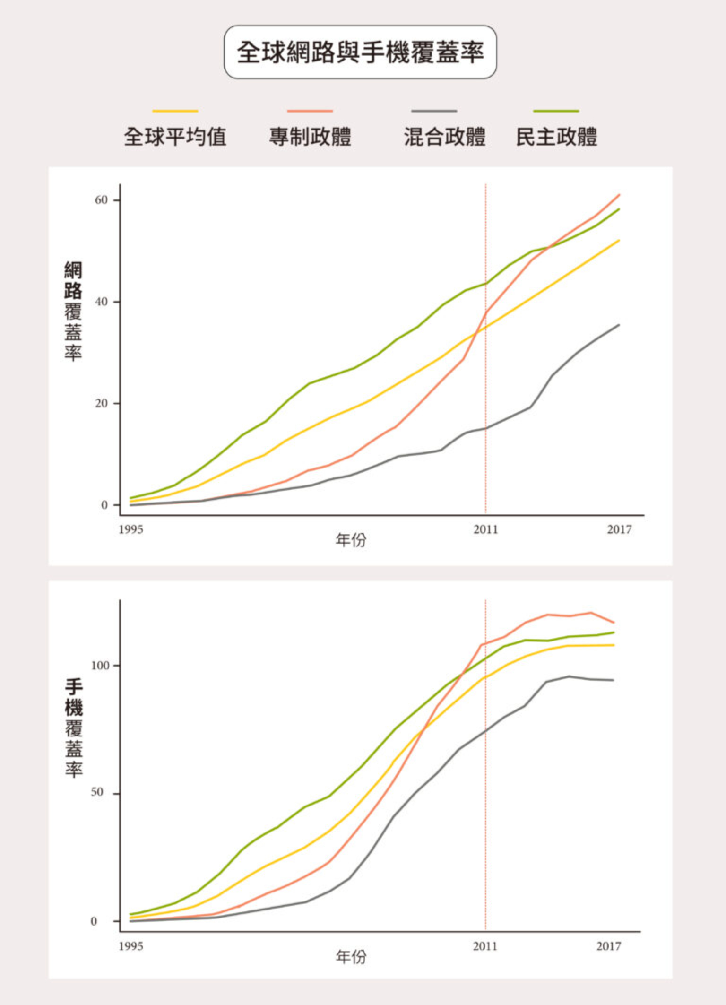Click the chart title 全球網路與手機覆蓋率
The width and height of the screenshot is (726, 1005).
coord(360,52)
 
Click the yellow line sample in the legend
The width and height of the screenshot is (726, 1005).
coord(175,111)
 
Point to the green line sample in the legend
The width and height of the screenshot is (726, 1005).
coord(556,111)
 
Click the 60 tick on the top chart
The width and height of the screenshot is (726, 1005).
coord(101,200)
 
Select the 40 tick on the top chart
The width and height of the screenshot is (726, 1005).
coord(101,302)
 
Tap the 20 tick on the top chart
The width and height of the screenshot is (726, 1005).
coord(101,403)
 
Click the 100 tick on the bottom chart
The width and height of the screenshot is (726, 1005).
coord(100,666)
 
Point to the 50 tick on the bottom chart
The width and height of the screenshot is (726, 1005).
coord(97,792)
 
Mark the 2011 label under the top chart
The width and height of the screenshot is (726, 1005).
coord(485,529)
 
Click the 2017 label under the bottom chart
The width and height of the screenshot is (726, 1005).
coord(608,946)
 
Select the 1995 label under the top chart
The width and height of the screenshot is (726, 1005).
coord(130,529)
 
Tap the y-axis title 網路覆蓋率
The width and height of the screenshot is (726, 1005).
coord(73,311)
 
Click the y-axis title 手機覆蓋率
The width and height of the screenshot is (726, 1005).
coord(74,728)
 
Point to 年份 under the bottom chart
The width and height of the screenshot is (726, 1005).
coord(351,957)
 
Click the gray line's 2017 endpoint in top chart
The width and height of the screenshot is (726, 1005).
coord(619,325)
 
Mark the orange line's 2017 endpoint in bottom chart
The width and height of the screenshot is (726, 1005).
coord(614,623)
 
